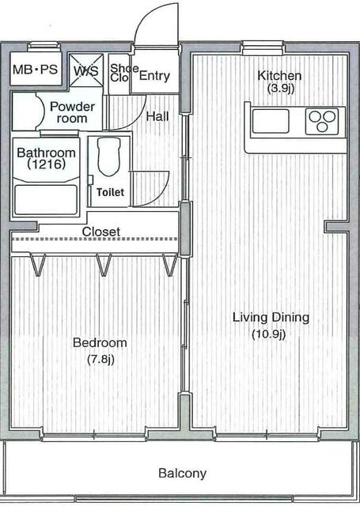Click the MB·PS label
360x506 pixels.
[35, 70]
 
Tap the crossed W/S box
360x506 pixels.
[86, 70]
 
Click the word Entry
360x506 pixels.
[154, 76]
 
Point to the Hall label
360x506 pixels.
[157, 116]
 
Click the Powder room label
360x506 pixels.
[72, 112]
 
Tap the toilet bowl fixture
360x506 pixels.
[109, 157]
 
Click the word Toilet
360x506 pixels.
[111, 192]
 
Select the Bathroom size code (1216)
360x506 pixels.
[46, 164]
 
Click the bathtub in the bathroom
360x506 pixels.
[46, 200]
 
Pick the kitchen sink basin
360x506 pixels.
[271, 121]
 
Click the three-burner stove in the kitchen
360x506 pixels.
[322, 121]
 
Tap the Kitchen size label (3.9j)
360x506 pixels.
[281, 88]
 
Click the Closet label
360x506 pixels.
[101, 232]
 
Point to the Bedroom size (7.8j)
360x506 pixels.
[100, 359]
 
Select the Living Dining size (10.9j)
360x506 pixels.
[269, 334]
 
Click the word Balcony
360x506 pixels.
[183, 474]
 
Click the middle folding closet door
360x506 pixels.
[104, 265]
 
